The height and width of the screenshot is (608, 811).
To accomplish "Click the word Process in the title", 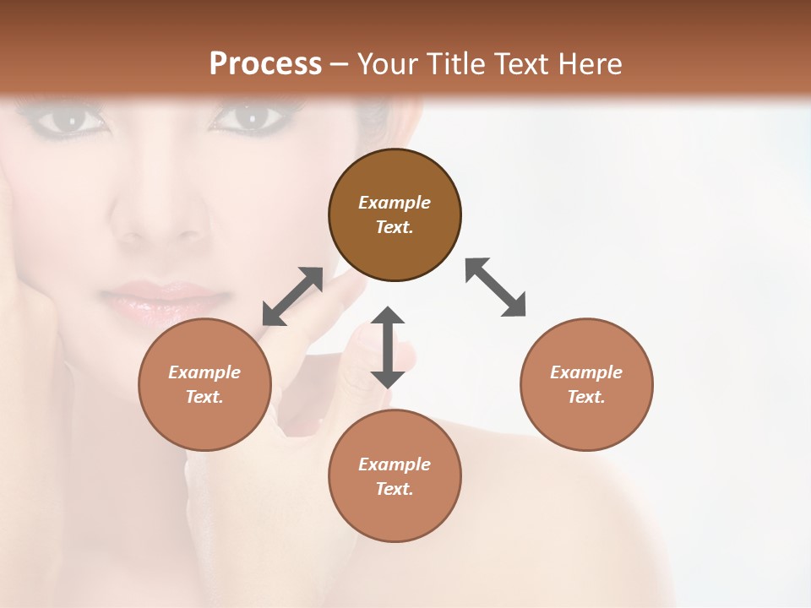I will [x=265, y=63].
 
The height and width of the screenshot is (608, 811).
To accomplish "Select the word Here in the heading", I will [x=589, y=63].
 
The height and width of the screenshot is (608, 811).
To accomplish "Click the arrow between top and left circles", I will [x=292, y=296].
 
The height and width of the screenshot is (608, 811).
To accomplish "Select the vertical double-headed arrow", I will [x=388, y=347].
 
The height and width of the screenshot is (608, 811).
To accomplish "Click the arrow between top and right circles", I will [x=496, y=287].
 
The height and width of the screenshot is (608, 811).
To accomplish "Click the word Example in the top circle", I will [x=395, y=203].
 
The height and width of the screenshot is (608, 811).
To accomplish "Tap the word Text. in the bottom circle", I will [x=395, y=489].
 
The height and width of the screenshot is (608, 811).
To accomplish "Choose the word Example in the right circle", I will [x=586, y=372].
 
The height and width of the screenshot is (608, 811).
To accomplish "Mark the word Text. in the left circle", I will [x=204, y=397].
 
